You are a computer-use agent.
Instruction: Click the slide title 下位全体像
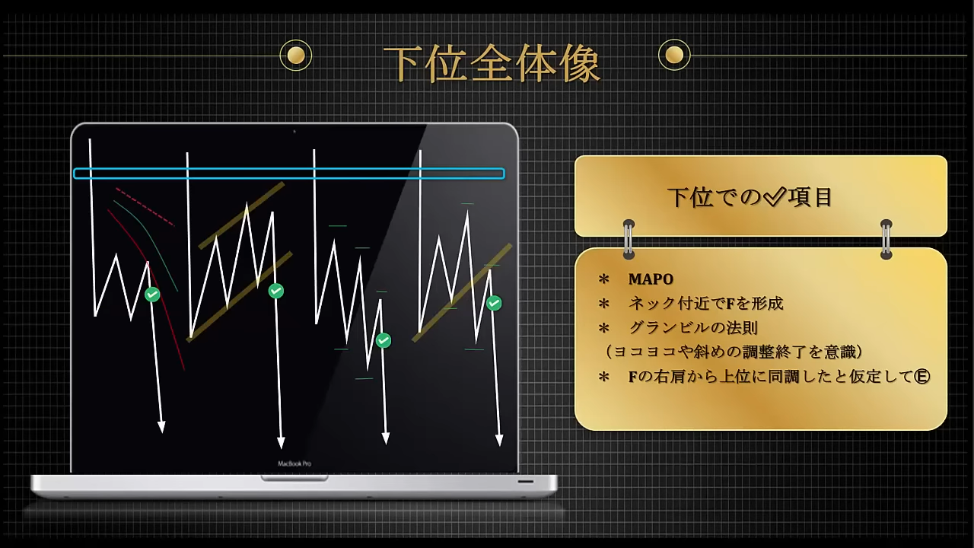pos(492,64)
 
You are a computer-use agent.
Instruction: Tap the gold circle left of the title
pos(296,56)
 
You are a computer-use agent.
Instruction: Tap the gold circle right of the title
pos(674,55)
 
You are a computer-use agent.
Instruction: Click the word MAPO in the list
pos(651,279)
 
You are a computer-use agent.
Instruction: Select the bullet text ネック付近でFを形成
pos(705,303)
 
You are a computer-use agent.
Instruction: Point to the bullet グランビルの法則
pos(693,327)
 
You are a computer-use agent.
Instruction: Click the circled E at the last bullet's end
pos(921,376)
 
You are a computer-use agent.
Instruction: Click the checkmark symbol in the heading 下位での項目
pos(775,196)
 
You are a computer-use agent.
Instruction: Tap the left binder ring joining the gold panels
pos(629,239)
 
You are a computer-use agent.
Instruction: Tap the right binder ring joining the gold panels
pos(886,239)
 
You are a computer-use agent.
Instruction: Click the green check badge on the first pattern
pos(152,295)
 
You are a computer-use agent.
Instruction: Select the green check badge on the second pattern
pos(276,291)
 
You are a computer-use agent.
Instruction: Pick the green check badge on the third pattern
pos(384,340)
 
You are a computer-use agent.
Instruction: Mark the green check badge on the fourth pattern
pos(494,303)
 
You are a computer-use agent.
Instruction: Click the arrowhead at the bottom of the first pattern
pos(161,427)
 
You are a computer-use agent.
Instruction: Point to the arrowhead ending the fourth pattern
pos(499,440)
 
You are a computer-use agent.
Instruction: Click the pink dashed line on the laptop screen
pos(145,207)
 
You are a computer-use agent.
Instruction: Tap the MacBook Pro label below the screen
pos(294,464)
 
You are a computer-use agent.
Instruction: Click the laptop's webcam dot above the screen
pos(294,131)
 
